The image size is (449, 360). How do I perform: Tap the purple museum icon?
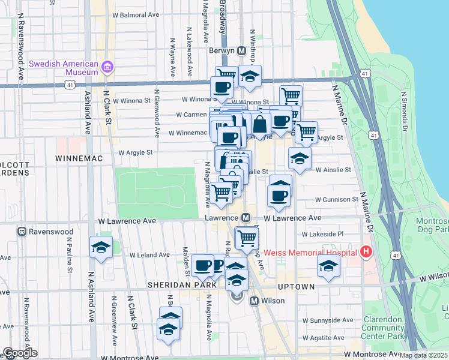point(108,67)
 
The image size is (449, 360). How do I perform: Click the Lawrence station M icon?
point(246,218)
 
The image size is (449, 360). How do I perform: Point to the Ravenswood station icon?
point(22,231)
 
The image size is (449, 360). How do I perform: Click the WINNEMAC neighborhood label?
point(80,158)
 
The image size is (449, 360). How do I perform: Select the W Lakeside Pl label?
point(322,234)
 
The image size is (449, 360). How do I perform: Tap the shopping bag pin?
point(260,125)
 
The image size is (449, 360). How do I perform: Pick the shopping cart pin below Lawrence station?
point(247,238)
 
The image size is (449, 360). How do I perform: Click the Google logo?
point(19,353)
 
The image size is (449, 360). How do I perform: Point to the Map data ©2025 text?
point(423,355)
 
